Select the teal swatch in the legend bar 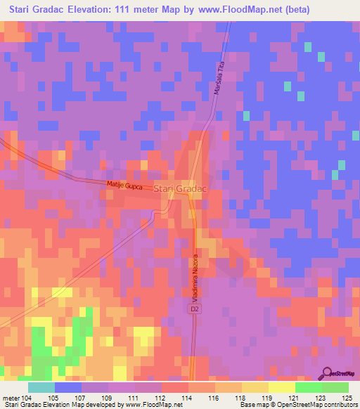point(41,387)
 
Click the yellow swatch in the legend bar point(282,387)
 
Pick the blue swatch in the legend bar point(68,387)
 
